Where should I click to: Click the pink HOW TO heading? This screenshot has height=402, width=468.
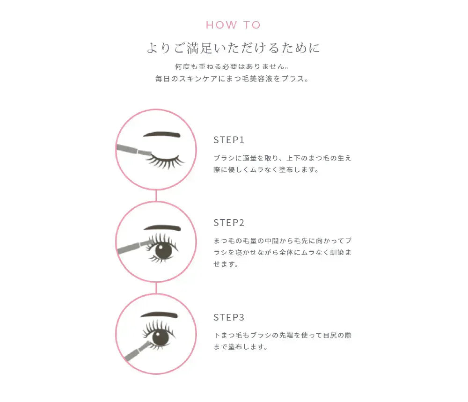[x=233, y=25]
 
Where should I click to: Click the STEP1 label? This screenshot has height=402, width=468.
[x=229, y=140]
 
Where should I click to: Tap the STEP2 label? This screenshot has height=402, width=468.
[x=229, y=223]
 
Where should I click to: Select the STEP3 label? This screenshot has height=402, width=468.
[x=229, y=318]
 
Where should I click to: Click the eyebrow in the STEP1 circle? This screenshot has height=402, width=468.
[x=162, y=134]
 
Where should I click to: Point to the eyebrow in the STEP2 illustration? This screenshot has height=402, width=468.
[x=162, y=228]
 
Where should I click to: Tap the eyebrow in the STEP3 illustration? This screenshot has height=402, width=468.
[x=159, y=314]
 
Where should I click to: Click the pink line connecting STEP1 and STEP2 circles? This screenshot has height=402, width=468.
[x=156, y=196]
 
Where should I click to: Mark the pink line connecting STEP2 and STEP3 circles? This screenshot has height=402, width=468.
[x=156, y=288]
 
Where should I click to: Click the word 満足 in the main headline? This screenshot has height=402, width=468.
[x=199, y=48]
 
